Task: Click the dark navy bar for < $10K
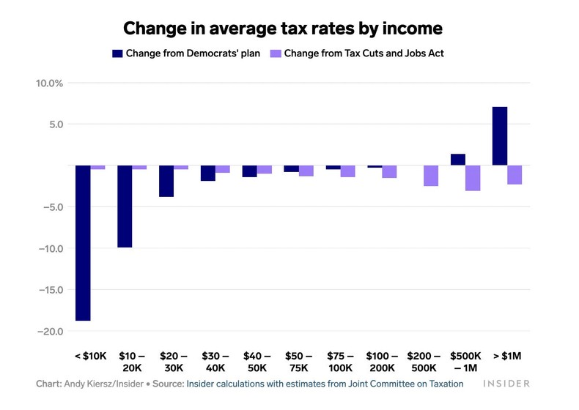coord(83,242)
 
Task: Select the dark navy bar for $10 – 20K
coord(125,206)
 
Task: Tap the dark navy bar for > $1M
coord(500,136)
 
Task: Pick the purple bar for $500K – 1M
coord(473,178)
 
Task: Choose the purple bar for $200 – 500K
coord(431,176)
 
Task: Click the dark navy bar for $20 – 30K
coord(166,181)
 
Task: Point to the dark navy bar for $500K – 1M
coord(458,160)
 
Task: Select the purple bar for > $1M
coord(515,175)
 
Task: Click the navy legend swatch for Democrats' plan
coord(117,53)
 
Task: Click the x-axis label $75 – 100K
coord(341,362)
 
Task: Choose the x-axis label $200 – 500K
coord(424,362)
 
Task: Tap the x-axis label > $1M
coord(507,356)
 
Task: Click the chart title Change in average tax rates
coord(283,29)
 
